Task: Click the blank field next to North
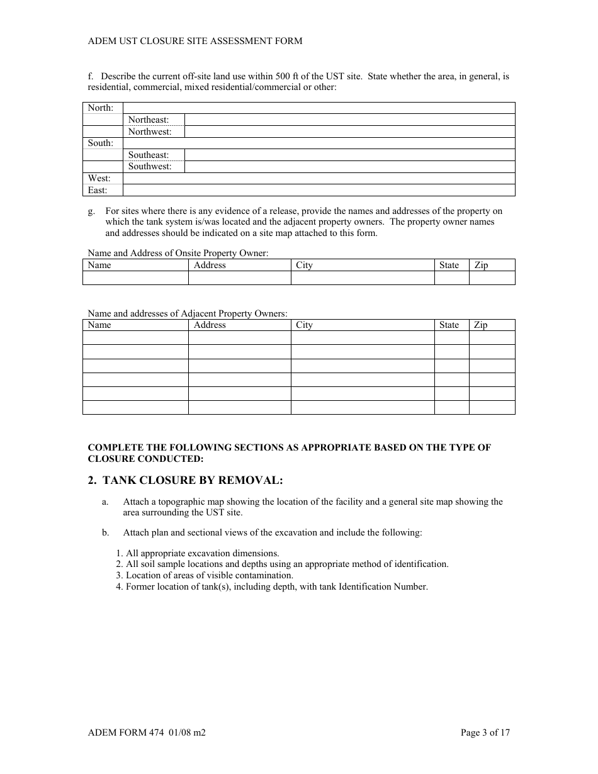(319, 108)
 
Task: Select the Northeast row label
(149, 120)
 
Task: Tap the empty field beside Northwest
(349, 132)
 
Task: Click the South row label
(101, 143)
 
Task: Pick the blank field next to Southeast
(349, 155)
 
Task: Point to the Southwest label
(150, 167)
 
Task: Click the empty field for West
(319, 179)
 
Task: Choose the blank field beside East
(319, 190)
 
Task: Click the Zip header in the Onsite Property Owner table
(481, 266)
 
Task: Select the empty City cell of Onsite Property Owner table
(362, 278)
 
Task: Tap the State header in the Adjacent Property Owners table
(449, 325)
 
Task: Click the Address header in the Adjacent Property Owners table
(210, 325)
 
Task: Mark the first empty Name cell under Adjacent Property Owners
(135, 338)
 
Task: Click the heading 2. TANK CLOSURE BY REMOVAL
(186, 481)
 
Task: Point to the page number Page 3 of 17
(485, 732)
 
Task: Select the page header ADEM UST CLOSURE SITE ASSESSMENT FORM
(195, 41)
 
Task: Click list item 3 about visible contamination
(205, 575)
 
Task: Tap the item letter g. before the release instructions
(91, 211)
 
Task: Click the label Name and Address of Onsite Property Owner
(178, 253)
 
